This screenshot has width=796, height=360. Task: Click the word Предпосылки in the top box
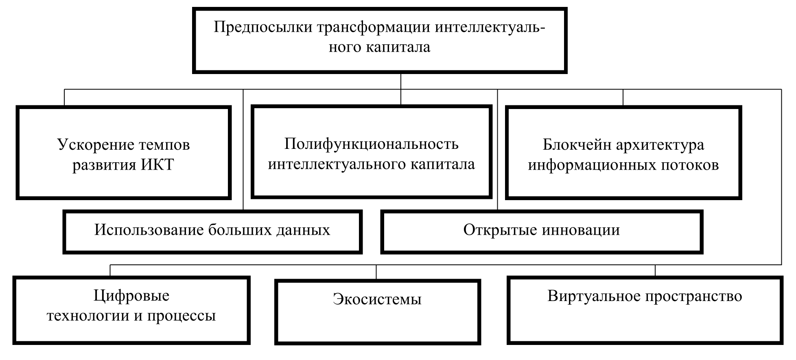[x=262, y=28]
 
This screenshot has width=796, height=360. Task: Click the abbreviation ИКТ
[x=157, y=165]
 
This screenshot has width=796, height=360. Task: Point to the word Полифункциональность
[x=371, y=144]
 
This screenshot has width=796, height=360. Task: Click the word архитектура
[x=660, y=145]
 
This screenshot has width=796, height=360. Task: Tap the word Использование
[x=149, y=230]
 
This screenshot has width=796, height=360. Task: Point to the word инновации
[x=581, y=230]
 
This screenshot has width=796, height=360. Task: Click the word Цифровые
[x=131, y=296]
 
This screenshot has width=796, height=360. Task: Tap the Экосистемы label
[x=377, y=299]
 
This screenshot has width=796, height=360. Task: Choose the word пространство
[x=693, y=296]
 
